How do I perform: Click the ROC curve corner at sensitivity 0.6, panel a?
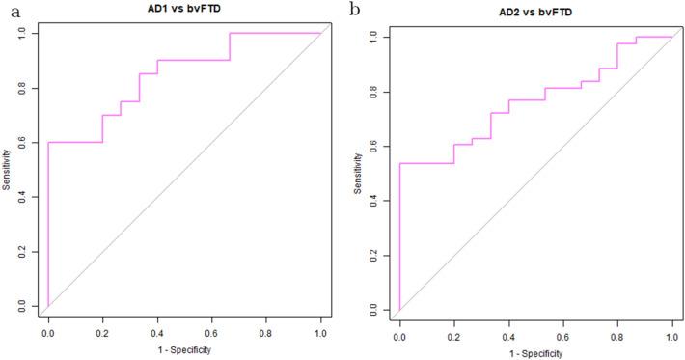[x=48, y=142]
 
